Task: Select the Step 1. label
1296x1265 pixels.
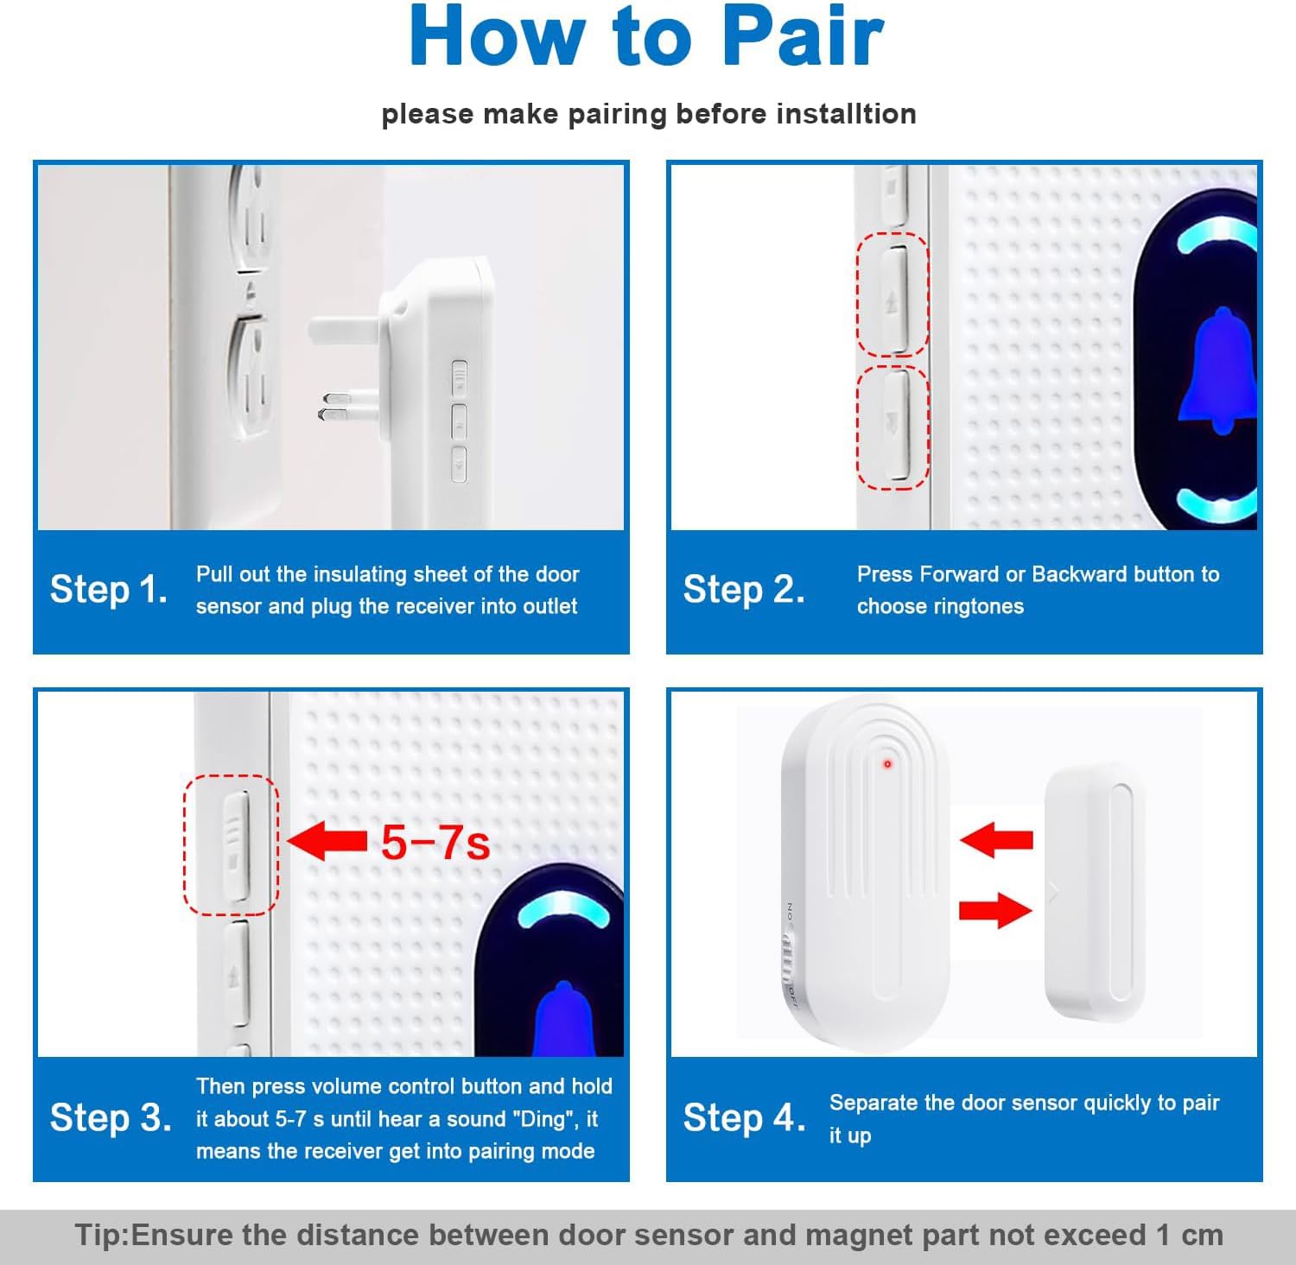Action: pyautogui.click(x=109, y=590)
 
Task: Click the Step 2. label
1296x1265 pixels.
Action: pyautogui.click(x=744, y=590)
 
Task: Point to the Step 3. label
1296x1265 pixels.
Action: pyautogui.click(x=111, y=1118)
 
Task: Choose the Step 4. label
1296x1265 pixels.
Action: pyautogui.click(x=745, y=1118)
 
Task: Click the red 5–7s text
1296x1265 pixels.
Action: pyautogui.click(x=435, y=843)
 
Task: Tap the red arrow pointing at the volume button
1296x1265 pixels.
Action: pyautogui.click(x=327, y=841)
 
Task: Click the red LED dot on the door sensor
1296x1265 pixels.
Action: pyautogui.click(x=887, y=764)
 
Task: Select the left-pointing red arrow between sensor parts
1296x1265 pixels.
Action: pyautogui.click(x=996, y=839)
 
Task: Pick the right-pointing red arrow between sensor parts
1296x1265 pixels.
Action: pyautogui.click(x=996, y=910)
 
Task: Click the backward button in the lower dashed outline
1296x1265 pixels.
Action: pyautogui.click(x=895, y=425)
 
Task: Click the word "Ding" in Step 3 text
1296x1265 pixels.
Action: pyautogui.click(x=546, y=1119)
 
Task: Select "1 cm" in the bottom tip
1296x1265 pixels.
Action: pyautogui.click(x=1190, y=1235)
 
